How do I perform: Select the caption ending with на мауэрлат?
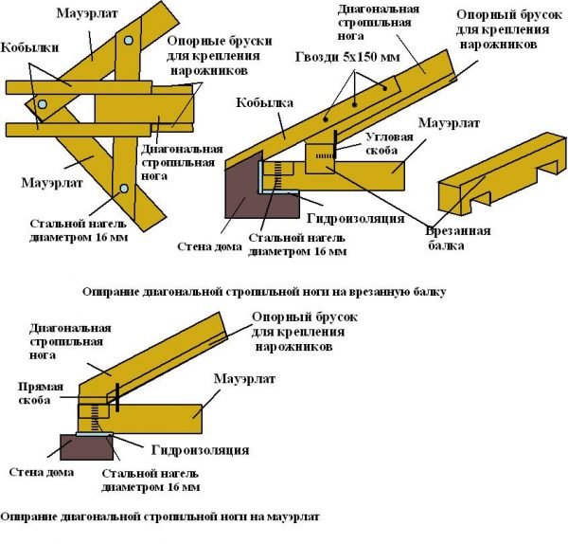tap(161, 517)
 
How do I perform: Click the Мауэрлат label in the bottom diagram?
tap(244, 378)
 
